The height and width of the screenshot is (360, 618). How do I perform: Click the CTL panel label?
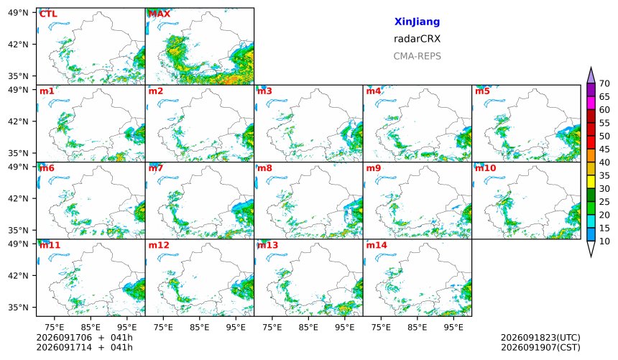coord(48,14)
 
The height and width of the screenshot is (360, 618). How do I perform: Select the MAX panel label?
coord(160,14)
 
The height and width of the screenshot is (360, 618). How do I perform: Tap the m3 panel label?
coord(264,91)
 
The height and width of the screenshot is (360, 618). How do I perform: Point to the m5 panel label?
coord(482,91)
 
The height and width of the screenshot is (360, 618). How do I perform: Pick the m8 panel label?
coord(264,168)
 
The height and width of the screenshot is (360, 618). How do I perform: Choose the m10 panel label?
coord(485,168)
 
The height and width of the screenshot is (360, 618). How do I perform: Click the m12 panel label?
coord(158,245)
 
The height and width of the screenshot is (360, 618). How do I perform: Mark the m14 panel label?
coord(377,245)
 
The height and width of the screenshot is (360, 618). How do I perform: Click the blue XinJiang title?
coord(417,22)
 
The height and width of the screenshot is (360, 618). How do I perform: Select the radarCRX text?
coord(417,39)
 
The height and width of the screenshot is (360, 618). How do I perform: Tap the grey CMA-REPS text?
coord(417,56)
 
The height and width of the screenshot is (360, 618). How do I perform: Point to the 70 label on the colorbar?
coord(604,83)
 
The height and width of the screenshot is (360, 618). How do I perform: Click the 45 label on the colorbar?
coord(604,149)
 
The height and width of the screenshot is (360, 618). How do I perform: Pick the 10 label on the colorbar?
coord(604,241)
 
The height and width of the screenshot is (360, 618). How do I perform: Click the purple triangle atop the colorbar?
coord(591,75)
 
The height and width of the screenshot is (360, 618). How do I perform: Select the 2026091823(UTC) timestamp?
coord(540,338)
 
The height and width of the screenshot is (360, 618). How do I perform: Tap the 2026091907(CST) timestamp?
coord(540,347)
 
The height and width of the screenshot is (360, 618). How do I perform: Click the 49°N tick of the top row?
coord(18,13)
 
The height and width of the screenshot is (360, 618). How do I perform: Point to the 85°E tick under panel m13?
coord(308,327)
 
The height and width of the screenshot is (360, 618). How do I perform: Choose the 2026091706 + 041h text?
coord(84,338)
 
